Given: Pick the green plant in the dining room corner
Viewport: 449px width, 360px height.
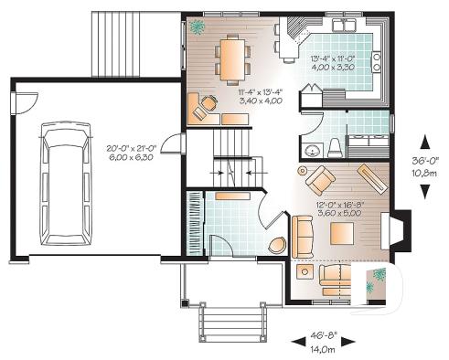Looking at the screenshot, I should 198,27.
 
